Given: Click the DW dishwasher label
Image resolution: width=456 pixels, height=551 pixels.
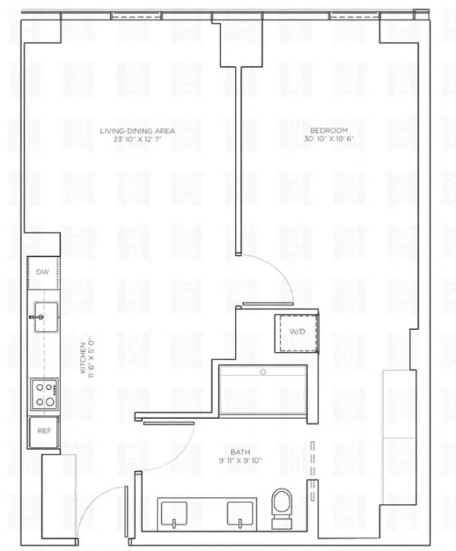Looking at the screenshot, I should coord(42,272).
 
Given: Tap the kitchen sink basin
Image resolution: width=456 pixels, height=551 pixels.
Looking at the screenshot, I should coord(43,312).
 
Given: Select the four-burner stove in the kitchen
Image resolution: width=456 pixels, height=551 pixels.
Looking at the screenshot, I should coord(44,394).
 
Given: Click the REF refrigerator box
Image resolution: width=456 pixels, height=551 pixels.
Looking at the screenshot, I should coord(43,431).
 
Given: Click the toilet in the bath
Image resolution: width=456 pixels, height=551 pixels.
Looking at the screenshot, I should coord(282,505).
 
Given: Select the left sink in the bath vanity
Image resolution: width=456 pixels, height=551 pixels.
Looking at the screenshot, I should coord(177,512).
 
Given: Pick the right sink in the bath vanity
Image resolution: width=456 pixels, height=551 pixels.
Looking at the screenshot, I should coord(240,512).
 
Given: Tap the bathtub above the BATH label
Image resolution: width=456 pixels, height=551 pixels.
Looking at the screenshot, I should coord(263,391).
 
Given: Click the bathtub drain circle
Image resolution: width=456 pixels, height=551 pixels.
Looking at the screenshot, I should coord(263,372).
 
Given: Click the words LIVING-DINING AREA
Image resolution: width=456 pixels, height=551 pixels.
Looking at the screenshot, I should coord(138,131).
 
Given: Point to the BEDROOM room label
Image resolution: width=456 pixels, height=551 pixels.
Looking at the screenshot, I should coord(323,131).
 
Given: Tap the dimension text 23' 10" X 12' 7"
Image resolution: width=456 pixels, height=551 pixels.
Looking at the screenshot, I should coord(138,139).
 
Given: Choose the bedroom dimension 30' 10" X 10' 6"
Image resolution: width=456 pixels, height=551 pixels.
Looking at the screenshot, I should coord(324,139).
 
